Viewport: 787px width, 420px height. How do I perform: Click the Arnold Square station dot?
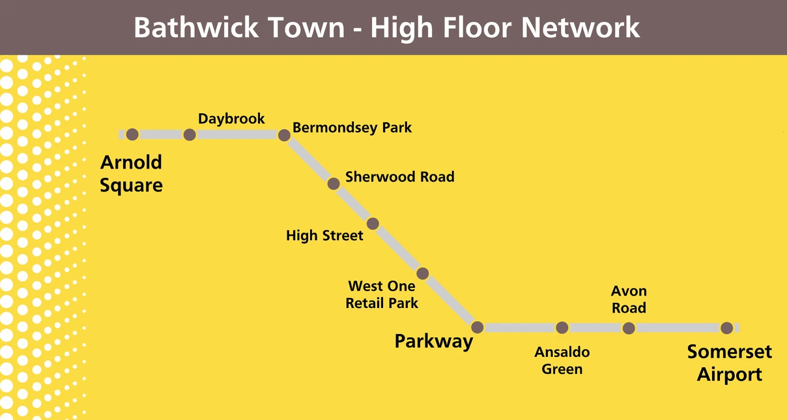pos(132,135)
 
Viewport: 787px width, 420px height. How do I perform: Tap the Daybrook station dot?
pos(190,135)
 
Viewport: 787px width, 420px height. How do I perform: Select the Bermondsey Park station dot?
pos(284,135)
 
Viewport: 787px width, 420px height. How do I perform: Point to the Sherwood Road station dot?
pos(334,184)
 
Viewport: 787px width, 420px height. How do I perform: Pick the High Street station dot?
pos(373,224)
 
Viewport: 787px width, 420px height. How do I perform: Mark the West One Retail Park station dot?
pos(422,273)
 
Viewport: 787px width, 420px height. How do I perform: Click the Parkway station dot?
pos(477,328)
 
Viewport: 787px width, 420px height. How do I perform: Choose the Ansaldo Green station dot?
pos(562,328)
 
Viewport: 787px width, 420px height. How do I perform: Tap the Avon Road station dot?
pos(629,328)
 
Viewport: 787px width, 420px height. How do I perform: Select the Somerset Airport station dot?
pos(726,328)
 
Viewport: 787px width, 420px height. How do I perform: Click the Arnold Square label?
pos(131,174)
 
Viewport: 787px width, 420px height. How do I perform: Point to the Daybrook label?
pos(231,119)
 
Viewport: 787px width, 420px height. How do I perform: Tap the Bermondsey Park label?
pos(352,128)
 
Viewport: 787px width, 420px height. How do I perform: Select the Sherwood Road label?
pos(399,176)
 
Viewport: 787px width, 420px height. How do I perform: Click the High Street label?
pos(324,235)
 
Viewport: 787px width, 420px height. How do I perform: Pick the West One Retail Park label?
pos(382,294)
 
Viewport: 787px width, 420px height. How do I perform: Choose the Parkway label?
pos(433,341)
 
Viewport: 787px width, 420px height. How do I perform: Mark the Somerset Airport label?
pos(730,363)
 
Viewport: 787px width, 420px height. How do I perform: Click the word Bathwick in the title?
pos(193,28)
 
